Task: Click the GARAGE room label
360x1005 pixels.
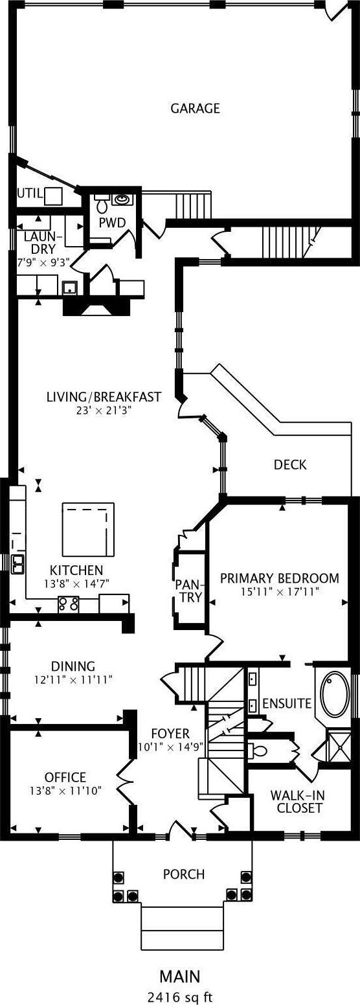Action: pyautogui.click(x=196, y=108)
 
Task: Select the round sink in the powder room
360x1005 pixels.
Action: pyautogui.click(x=121, y=199)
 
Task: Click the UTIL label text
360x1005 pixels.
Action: pyautogui.click(x=30, y=194)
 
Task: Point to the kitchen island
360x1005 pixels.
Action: pyautogui.click(x=88, y=529)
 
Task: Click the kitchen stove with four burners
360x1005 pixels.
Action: pyautogui.click(x=69, y=604)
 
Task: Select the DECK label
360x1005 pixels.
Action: pyautogui.click(x=291, y=464)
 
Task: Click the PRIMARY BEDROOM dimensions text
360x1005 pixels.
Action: pyautogui.click(x=280, y=591)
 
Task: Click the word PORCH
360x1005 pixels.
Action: pyautogui.click(x=184, y=874)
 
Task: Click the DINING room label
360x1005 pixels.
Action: pyautogui.click(x=73, y=666)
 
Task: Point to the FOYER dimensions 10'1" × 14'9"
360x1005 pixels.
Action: pyautogui.click(x=171, y=747)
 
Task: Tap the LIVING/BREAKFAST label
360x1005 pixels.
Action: pyautogui.click(x=104, y=397)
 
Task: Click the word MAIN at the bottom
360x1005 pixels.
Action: pyautogui.click(x=180, y=977)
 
